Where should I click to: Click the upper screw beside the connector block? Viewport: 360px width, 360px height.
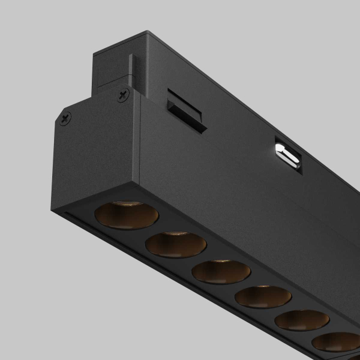(x=124, y=94)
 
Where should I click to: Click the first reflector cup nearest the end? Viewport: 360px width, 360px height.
(x=127, y=216)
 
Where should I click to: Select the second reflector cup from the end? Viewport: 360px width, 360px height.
(x=176, y=244)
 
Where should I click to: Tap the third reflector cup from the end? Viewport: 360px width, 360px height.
(x=221, y=271)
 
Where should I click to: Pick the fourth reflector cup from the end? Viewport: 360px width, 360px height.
(x=263, y=296)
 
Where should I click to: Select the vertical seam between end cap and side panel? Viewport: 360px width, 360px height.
(x=140, y=144)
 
